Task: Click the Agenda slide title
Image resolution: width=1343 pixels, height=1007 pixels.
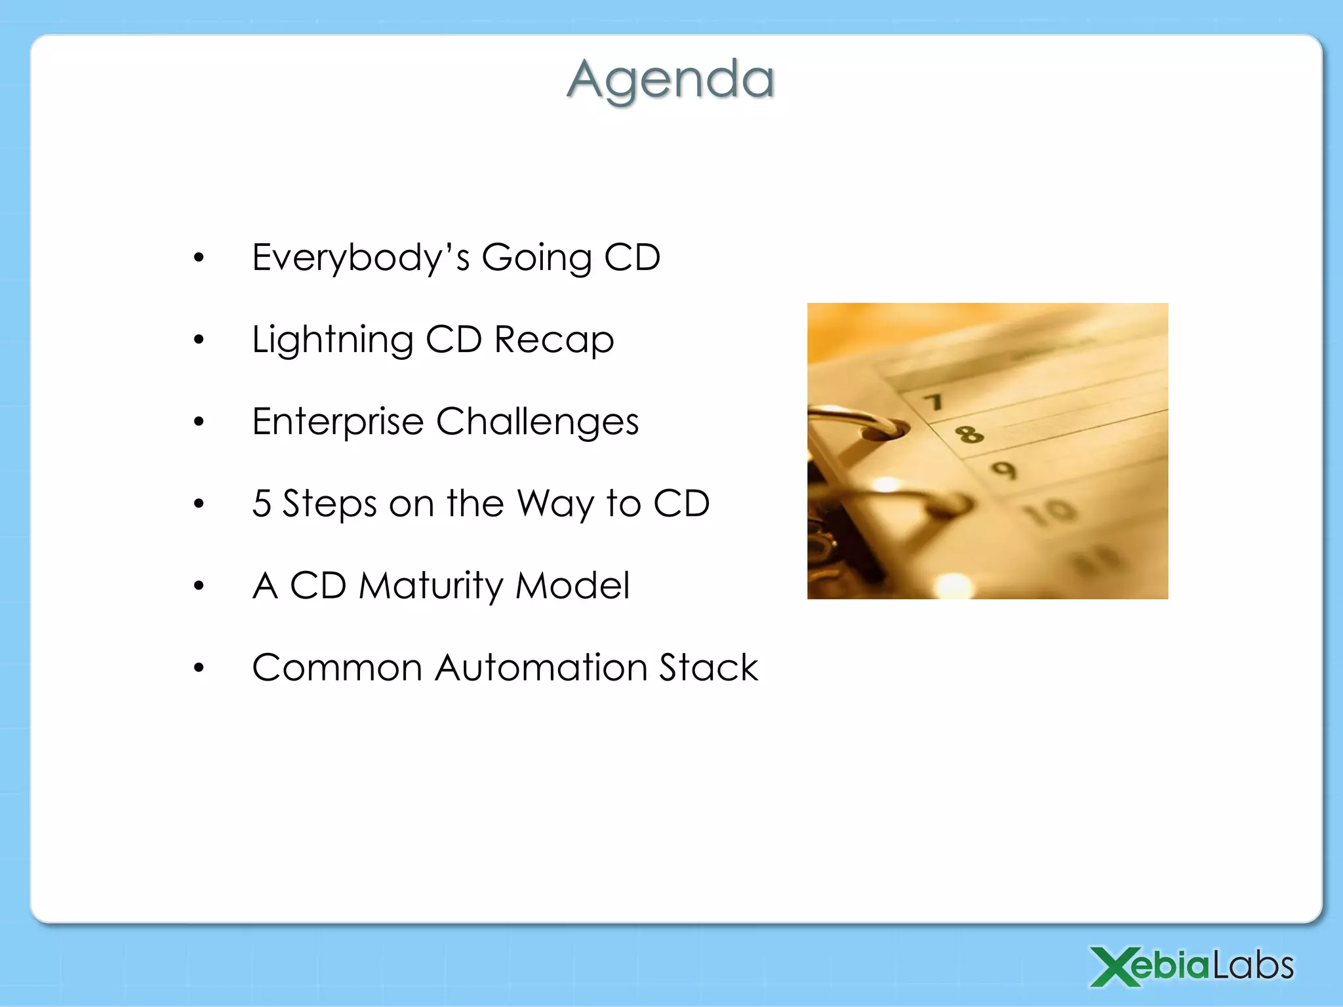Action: [x=671, y=80]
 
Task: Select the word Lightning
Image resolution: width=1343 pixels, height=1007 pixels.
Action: [x=332, y=340]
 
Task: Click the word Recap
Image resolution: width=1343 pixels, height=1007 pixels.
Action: [x=553, y=340]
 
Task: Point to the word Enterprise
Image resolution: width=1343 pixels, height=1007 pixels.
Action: [x=338, y=422]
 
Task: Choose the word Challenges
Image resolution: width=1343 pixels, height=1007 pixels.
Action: [x=537, y=422]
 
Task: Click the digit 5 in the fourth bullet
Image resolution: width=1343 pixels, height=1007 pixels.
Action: [x=262, y=503]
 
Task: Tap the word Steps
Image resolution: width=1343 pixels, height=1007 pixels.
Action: [x=329, y=503]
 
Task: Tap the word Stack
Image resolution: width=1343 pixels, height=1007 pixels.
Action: [x=708, y=667]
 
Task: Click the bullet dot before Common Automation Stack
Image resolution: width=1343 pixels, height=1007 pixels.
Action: [x=199, y=668]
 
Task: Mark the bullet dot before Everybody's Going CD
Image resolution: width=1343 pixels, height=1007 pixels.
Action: [x=199, y=258]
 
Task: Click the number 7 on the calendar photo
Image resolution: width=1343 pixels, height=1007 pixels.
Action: [x=934, y=401]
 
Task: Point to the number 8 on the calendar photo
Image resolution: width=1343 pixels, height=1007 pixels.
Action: [x=969, y=433]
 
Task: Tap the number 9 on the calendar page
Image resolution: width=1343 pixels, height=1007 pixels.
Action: [x=1004, y=469]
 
